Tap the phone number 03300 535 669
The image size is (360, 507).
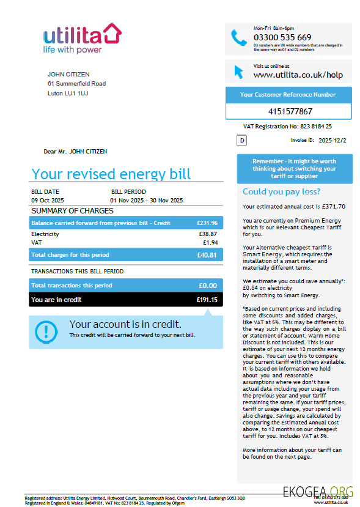coord(282,37)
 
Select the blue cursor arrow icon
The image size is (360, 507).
coord(238,71)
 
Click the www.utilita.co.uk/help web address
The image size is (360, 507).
coord(298,75)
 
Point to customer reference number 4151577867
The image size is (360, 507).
coord(290,111)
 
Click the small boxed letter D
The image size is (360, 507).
coord(241,141)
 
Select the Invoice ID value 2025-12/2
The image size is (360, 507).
coord(332,140)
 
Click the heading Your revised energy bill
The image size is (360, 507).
coord(111,174)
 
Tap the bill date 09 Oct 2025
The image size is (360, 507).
coord(48,200)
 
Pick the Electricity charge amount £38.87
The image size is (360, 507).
coord(208,234)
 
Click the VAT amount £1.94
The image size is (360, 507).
coord(210,243)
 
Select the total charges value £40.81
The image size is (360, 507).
coord(207,255)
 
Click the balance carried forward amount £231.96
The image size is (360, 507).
coord(207,223)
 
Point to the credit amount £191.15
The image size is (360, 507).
coord(207,300)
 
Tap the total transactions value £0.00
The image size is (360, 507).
coord(208,286)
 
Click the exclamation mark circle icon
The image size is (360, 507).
coord(46,331)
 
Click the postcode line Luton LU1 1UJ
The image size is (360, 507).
coord(67,94)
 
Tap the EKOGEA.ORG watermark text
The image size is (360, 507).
coord(318,490)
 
